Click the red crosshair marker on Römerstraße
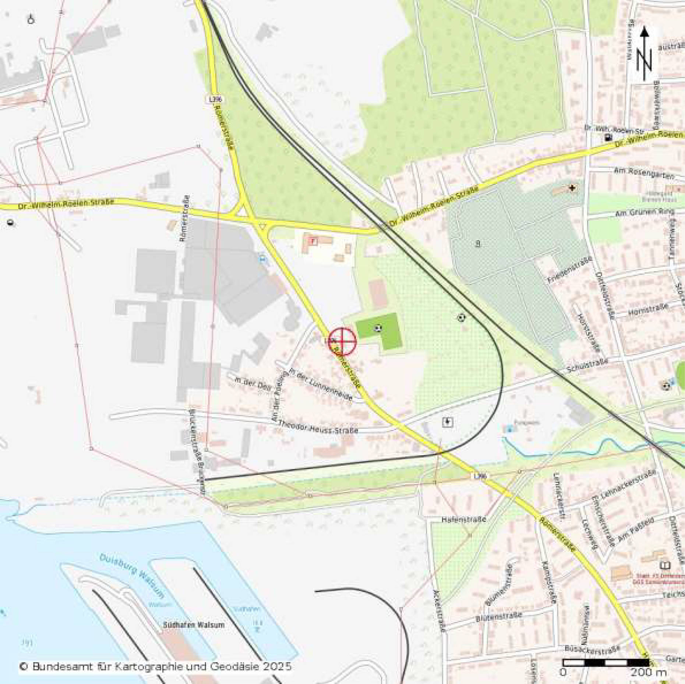coord(342,341)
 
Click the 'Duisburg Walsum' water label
coord(132,576)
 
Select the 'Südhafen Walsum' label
coord(194,625)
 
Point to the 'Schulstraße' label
coord(587,366)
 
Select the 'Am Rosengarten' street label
coord(644,172)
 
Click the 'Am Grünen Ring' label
coord(645,213)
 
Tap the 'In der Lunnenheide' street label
coord(321,384)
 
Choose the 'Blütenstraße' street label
coord(499,617)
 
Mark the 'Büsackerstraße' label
coord(592,650)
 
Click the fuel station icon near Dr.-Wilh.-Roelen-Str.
coord(608,138)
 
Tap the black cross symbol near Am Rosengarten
coord(572,188)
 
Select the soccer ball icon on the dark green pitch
coord(378,328)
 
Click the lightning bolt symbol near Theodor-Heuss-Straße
coord(447,422)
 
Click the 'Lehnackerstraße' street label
coord(628,485)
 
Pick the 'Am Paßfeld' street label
coord(636,530)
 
